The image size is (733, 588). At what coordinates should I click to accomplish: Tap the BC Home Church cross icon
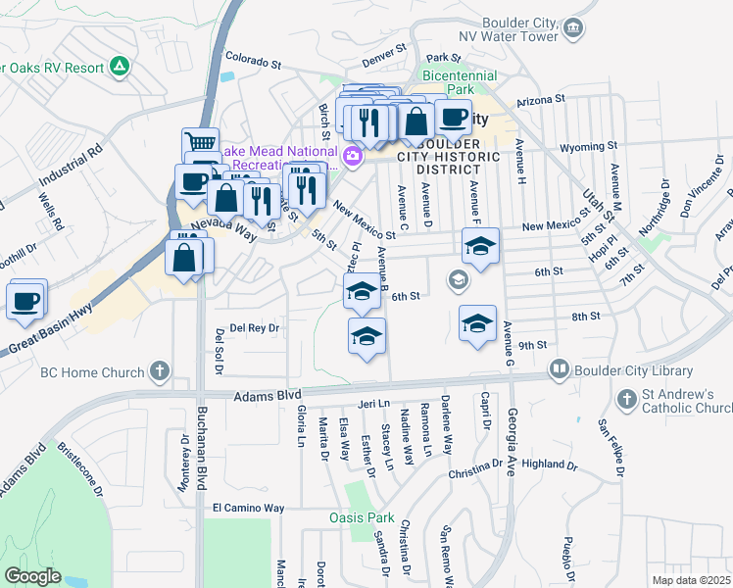coord(160,372)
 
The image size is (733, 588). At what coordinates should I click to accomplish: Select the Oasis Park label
coord(361,517)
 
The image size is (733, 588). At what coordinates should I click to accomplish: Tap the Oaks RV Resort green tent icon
coord(120,67)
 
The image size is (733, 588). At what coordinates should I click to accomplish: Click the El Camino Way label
coord(248,509)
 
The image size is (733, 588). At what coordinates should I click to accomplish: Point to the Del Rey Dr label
coord(255,328)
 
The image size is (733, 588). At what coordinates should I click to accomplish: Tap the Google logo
coord(32,576)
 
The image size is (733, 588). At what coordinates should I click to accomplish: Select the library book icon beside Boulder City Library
coord(560,370)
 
